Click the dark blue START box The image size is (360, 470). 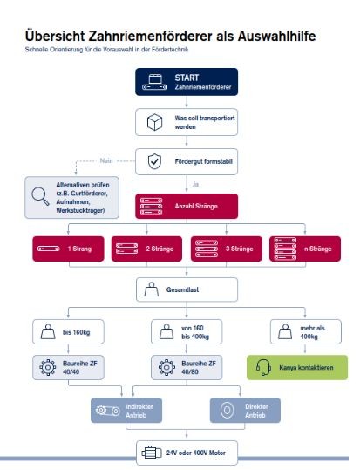[x=187, y=82]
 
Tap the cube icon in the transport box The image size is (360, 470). [x=154, y=122]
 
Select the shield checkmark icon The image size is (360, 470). [x=154, y=161]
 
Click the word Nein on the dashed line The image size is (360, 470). [x=106, y=160]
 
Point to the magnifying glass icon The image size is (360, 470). [x=40, y=196]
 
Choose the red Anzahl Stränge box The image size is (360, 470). [x=187, y=206]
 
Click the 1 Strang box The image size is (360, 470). [x=68, y=249]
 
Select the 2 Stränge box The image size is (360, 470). [x=146, y=249]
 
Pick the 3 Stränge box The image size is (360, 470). [x=227, y=249]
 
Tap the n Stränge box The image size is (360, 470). [x=305, y=249]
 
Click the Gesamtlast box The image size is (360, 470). [x=187, y=289]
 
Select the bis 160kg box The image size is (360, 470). [x=68, y=332]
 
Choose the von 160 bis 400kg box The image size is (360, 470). [x=187, y=332]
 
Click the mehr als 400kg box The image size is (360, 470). [x=306, y=332]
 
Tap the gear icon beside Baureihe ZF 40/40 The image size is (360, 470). [x=48, y=367]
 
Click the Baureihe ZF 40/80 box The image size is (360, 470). [x=187, y=367]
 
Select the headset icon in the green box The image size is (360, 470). [x=263, y=367]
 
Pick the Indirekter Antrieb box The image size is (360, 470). [x=126, y=411]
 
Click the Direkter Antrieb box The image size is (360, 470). [x=245, y=411]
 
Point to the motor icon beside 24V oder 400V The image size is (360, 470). [x=152, y=453]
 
